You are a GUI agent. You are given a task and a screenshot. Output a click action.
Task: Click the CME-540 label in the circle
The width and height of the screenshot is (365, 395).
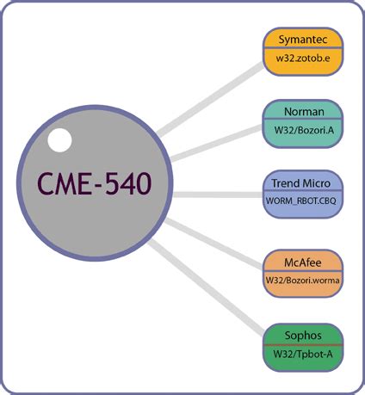pos(95,183)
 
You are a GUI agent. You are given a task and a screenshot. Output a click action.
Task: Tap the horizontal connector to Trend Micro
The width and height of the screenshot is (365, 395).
pos(215,194)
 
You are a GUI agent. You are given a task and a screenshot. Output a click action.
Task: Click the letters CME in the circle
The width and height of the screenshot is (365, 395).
pos(65,183)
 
